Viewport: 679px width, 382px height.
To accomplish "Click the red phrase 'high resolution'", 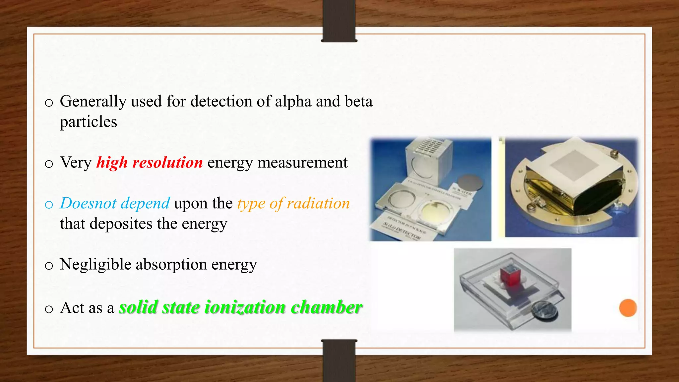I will [150, 163].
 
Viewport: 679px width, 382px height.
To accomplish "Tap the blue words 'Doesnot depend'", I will [115, 203].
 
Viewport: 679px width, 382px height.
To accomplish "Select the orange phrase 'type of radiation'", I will [293, 203].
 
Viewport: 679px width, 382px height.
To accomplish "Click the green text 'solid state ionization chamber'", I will [241, 307].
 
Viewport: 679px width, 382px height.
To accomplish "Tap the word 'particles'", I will [88, 122].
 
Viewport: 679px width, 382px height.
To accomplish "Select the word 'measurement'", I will [302, 163].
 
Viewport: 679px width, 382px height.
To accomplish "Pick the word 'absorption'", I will [171, 265].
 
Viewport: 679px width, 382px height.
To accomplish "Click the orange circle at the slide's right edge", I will [628, 308].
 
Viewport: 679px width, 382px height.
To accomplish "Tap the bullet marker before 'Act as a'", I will [49, 309].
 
